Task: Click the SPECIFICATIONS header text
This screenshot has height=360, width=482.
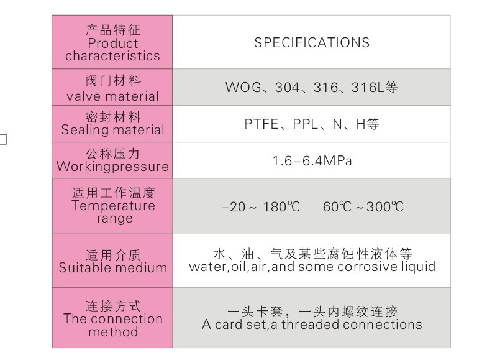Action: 312,42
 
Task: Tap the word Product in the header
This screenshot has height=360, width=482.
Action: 113,43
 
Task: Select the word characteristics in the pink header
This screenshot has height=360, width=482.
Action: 112,56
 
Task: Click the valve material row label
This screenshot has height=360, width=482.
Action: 112,96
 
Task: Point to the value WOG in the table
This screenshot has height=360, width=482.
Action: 243,88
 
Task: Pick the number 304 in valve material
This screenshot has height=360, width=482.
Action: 287,88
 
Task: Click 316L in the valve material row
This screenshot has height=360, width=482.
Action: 368,88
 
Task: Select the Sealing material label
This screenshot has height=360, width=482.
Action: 112,130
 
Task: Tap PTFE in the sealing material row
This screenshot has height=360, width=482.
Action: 261,124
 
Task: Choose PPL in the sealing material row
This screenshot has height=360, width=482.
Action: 305,124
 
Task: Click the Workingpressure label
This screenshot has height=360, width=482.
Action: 112,167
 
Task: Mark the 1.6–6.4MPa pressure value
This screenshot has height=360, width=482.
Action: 312,161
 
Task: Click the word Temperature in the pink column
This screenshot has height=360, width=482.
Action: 113,206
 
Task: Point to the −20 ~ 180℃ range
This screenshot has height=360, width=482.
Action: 261,207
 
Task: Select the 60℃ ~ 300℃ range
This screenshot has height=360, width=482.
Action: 363,207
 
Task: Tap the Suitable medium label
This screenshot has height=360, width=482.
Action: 113,268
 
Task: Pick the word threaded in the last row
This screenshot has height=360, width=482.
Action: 311,325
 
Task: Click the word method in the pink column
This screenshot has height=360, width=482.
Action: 113,332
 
